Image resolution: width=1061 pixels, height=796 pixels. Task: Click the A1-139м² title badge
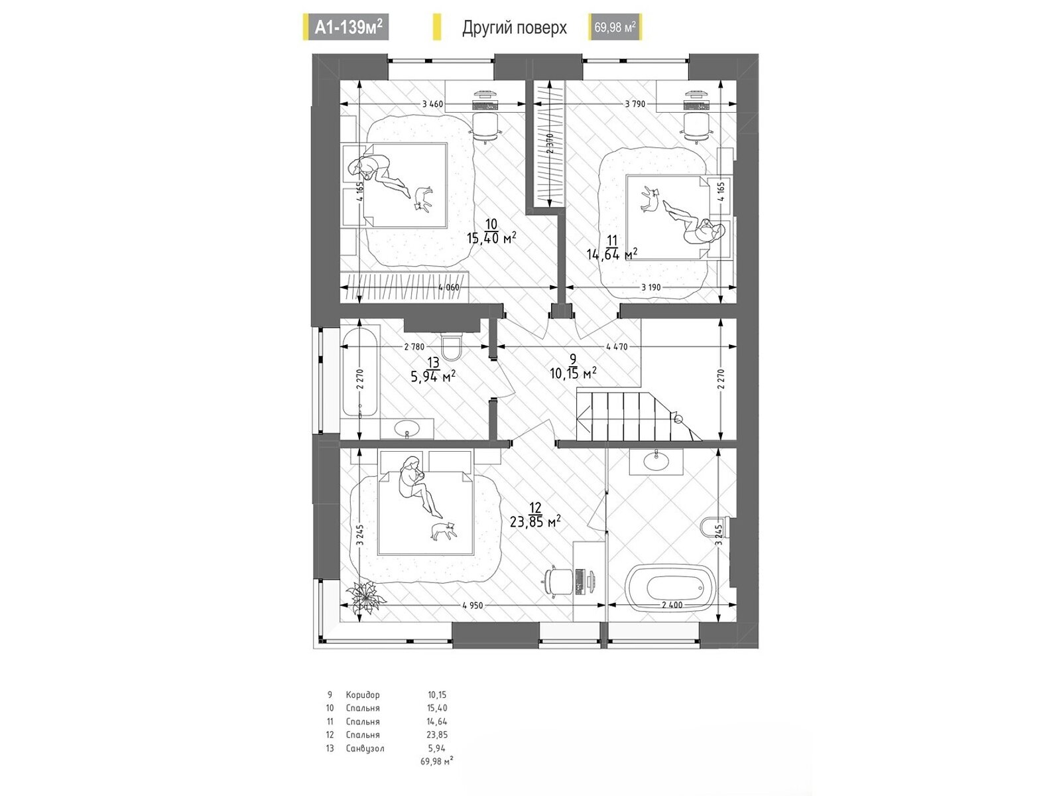click(x=345, y=27)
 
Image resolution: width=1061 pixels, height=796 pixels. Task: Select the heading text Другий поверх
click(x=515, y=28)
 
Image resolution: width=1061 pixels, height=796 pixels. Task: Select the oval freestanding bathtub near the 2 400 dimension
click(x=670, y=590)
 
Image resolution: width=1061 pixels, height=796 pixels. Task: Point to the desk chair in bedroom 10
click(x=485, y=127)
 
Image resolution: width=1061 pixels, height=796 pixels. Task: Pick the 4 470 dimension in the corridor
click(x=617, y=346)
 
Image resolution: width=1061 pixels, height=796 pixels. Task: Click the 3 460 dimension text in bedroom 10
click(x=432, y=104)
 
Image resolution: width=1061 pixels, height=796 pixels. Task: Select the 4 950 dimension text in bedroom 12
click(x=472, y=606)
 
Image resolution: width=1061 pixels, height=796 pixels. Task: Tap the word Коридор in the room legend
click(x=363, y=695)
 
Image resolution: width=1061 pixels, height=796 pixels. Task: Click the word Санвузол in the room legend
click(x=365, y=749)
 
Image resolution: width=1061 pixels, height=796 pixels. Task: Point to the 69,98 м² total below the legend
click(x=436, y=762)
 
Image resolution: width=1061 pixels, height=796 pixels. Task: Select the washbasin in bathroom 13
click(x=407, y=429)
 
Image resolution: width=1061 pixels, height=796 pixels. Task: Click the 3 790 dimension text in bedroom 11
click(x=635, y=104)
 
